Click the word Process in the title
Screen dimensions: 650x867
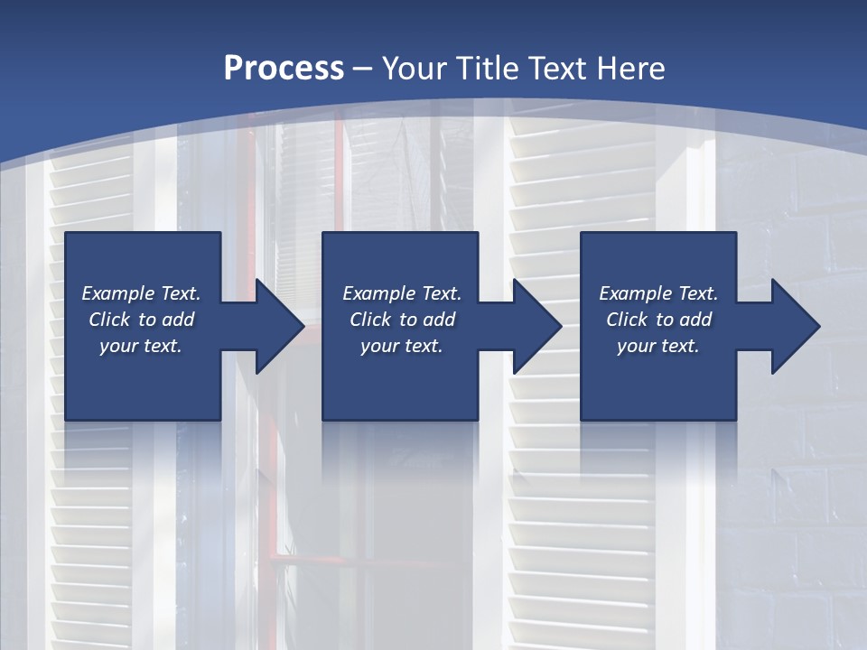(x=284, y=69)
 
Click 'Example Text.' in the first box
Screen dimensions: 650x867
(x=141, y=293)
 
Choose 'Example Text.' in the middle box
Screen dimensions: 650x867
(x=402, y=293)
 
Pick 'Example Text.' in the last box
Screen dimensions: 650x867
(x=658, y=293)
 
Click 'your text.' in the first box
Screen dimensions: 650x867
(x=141, y=346)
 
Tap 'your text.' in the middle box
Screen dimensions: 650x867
(x=402, y=346)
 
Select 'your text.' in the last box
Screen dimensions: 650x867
(x=658, y=346)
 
